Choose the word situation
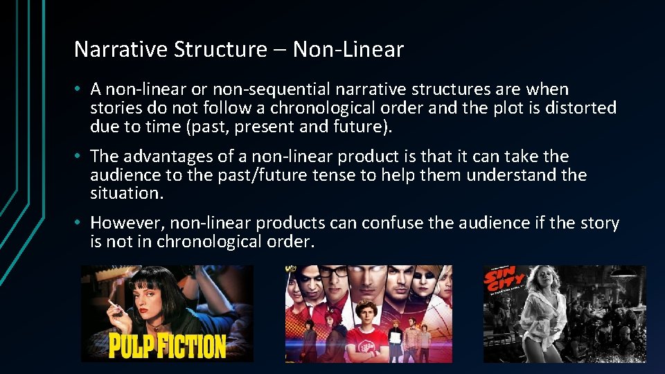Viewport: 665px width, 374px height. (x=127, y=194)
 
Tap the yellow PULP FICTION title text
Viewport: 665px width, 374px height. (x=167, y=346)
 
